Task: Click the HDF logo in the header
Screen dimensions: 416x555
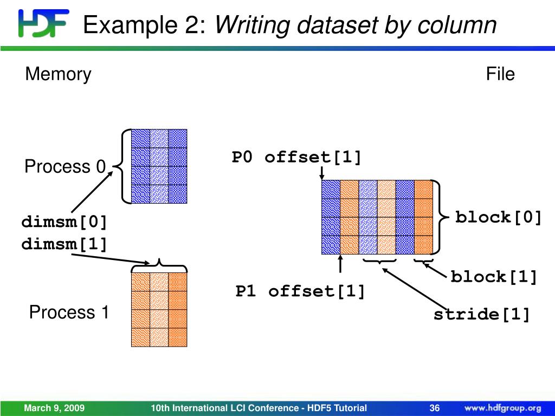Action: tap(43, 23)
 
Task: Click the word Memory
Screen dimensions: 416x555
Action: tap(58, 74)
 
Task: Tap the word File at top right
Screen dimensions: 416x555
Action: tap(500, 74)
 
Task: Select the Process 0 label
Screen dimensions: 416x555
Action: tap(64, 166)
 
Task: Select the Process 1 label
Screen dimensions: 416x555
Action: tap(69, 312)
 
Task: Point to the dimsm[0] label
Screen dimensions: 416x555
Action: tap(64, 222)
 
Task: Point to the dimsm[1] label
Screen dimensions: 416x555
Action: tap(64, 244)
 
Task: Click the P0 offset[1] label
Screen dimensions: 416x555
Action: tap(296, 158)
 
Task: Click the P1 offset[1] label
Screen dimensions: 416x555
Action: tap(300, 291)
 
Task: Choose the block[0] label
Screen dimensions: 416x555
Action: tap(499, 218)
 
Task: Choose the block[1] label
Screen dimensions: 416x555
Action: tap(494, 277)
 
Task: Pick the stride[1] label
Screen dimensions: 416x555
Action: tap(481, 315)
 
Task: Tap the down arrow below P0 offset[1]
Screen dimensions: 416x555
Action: tap(322, 173)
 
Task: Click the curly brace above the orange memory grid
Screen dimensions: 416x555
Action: tap(159, 265)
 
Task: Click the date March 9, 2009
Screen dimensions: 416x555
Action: tap(54, 408)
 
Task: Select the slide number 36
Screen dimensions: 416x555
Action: tap(434, 408)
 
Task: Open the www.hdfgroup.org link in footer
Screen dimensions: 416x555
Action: tap(502, 408)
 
